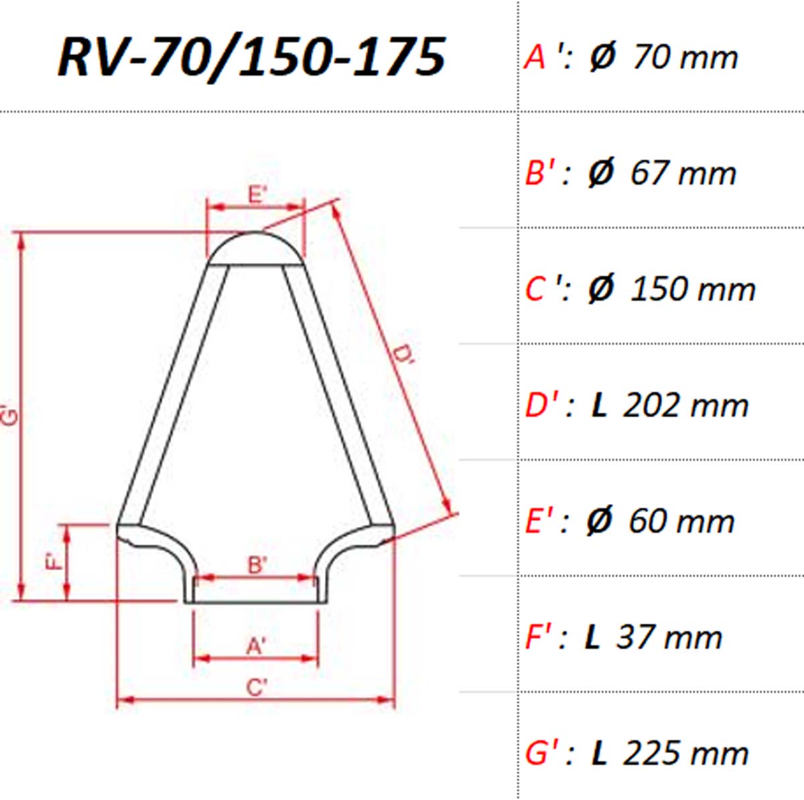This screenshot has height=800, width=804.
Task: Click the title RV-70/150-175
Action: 252,57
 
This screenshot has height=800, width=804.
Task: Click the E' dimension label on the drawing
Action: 257,194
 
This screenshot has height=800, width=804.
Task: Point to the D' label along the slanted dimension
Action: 403,354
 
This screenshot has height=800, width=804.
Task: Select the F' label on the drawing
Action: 54,561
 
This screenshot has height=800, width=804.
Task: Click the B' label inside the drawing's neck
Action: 257,566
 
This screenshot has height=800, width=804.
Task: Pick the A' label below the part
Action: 256,647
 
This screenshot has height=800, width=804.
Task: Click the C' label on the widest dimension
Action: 257,688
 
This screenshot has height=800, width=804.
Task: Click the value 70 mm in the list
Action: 685,58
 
